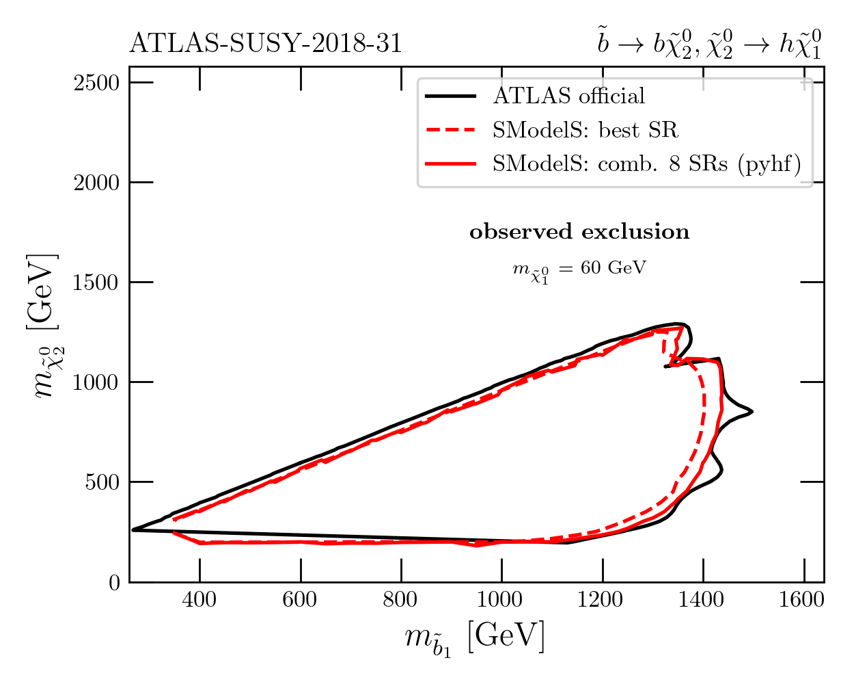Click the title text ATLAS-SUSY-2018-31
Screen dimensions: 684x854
(x=265, y=44)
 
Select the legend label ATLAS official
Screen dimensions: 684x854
(x=568, y=96)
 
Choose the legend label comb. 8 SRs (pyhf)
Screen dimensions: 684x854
(x=646, y=164)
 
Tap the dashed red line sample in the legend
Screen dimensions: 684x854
(x=450, y=130)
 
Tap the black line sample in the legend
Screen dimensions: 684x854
(x=450, y=96)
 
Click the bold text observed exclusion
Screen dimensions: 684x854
(x=579, y=233)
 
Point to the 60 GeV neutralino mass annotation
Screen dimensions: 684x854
(x=579, y=269)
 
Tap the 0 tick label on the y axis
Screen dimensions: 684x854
(x=114, y=582)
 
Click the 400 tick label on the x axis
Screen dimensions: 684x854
(x=199, y=601)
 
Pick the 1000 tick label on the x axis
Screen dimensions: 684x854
(x=501, y=601)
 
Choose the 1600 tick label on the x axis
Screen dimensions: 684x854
(x=803, y=601)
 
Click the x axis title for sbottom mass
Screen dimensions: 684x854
(x=474, y=637)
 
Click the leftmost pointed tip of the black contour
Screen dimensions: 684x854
(x=133, y=529)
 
